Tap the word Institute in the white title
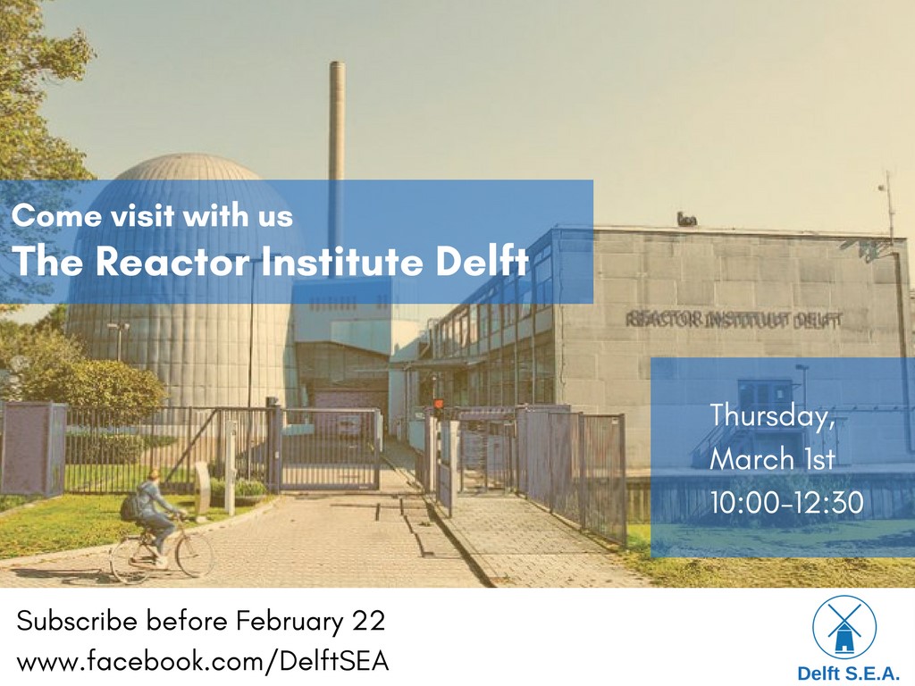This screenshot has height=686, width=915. [341, 261]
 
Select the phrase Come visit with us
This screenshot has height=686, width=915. [152, 215]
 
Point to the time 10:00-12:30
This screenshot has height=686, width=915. [786, 502]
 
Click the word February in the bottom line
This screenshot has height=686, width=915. [290, 622]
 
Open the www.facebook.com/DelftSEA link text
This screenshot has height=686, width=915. [203, 662]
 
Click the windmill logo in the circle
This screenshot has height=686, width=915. [844, 627]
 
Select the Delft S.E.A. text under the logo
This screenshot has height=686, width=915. [847, 673]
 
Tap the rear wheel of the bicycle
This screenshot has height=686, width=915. [130, 561]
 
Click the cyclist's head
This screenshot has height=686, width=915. [152, 477]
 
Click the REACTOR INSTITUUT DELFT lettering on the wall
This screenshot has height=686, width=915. [735, 320]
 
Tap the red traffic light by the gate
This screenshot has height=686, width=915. [438, 405]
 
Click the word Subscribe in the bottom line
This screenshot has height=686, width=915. [79, 620]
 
